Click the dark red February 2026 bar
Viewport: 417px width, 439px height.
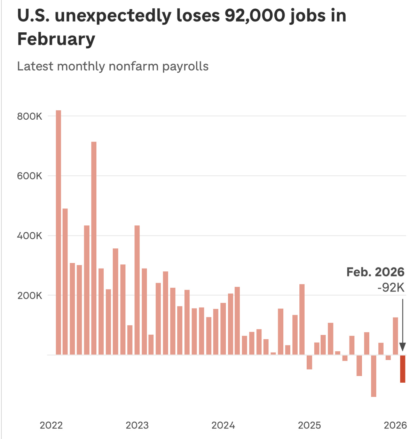[402, 369]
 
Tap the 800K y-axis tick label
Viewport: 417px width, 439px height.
[30, 116]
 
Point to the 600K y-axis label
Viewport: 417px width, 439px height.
[30, 176]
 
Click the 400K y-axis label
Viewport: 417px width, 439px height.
[30, 236]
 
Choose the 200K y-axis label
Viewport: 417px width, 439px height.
[30, 296]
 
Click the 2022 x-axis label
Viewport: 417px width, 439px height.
[51, 425]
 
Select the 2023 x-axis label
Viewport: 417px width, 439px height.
[137, 425]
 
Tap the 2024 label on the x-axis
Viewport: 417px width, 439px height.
[223, 425]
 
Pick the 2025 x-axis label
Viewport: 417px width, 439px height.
[309, 425]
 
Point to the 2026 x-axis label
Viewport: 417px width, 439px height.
[395, 425]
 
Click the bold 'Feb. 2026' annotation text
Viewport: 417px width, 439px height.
[375, 272]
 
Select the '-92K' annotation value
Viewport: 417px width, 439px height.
[391, 288]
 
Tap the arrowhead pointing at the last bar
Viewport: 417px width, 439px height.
[402, 347]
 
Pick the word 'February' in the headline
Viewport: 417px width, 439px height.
[56, 39]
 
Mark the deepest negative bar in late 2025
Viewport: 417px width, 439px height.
[373, 376]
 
